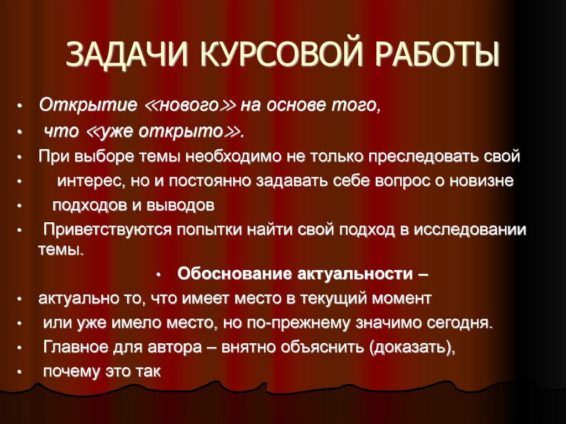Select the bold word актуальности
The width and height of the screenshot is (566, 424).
(356, 273)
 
